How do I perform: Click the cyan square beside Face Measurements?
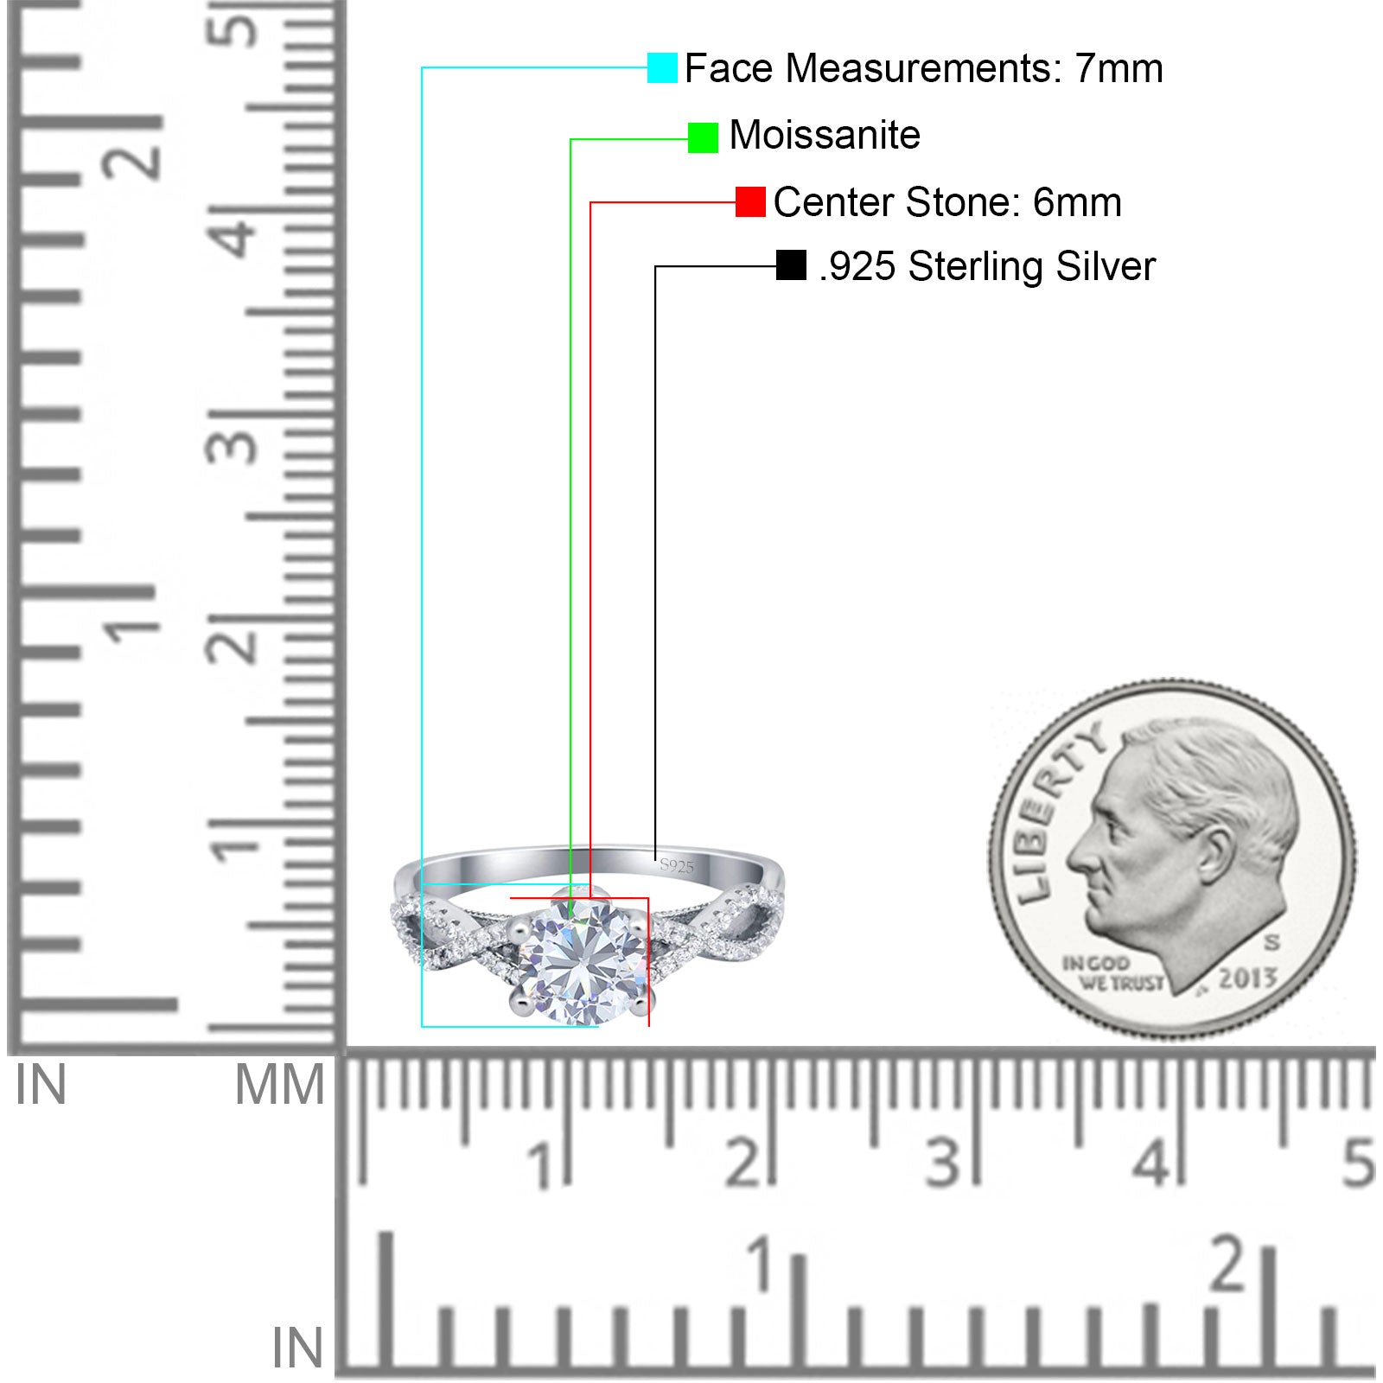point(662,67)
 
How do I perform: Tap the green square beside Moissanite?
point(703,137)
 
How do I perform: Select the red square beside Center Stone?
point(750,202)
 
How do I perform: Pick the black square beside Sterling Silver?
point(791,265)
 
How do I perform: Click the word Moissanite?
point(825,135)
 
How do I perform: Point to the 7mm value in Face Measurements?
point(1119,68)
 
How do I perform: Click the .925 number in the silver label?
point(857,266)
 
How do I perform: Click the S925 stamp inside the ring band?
point(676,865)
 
